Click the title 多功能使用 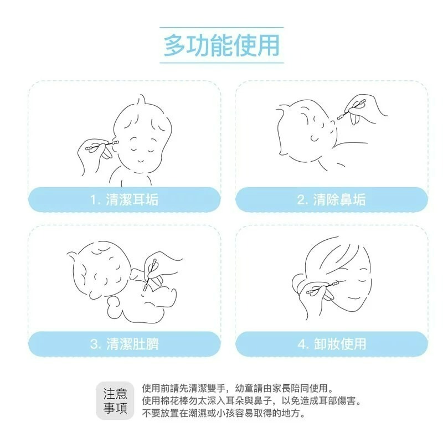coord(221,45)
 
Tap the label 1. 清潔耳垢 coord(124,199)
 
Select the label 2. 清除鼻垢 coord(331,199)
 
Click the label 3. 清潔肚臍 coord(124,344)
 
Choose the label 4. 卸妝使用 coord(331,344)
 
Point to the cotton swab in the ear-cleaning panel coord(100,146)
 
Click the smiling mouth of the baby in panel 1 coord(140,159)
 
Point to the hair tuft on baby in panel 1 coord(143,101)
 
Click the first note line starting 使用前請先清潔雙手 coord(238,388)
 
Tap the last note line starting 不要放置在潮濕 coord(224,413)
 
